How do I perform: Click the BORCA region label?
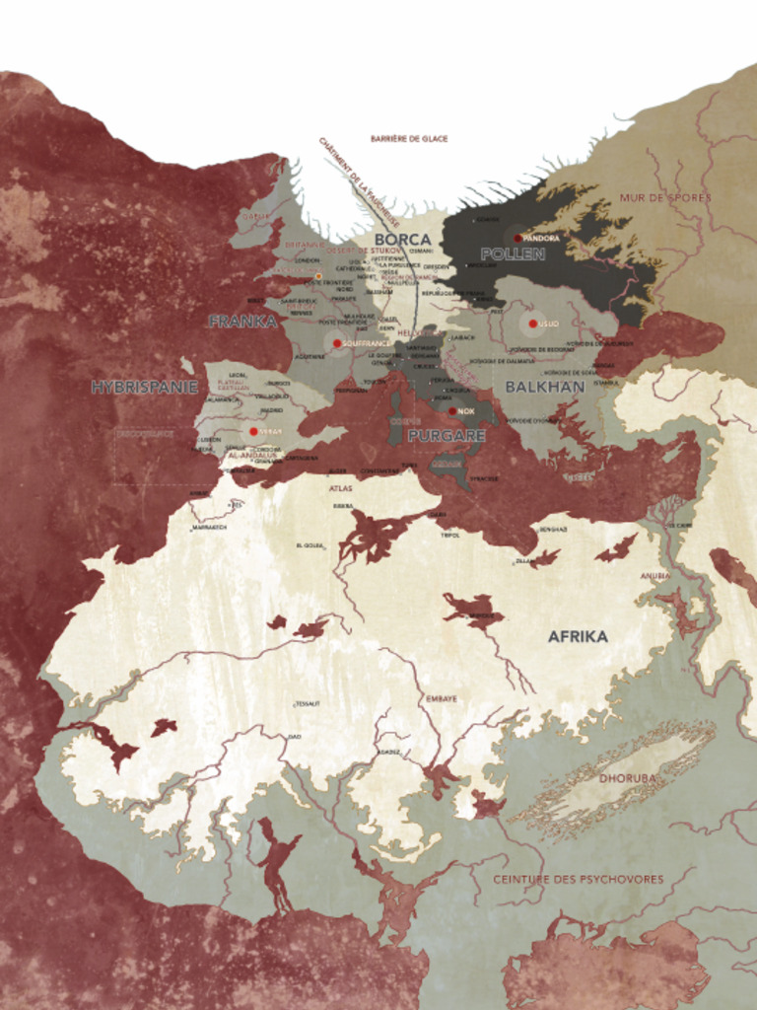point(402,240)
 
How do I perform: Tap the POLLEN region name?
point(513,254)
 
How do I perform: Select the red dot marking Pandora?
point(517,238)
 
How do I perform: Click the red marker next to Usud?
point(532,324)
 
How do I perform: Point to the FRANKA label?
point(241,321)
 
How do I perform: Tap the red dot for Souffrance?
point(337,343)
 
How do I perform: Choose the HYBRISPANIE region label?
point(145,387)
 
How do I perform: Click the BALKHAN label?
point(544,387)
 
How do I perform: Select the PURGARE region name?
point(447,435)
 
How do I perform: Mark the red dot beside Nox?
point(452,411)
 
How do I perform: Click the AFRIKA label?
point(578,636)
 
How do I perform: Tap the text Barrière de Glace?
point(409,139)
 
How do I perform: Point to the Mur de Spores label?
point(664,197)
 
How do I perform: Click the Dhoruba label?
point(627,777)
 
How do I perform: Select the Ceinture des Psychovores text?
point(578,879)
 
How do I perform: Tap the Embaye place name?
point(442,698)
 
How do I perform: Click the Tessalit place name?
point(308,703)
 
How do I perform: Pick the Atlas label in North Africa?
point(340,488)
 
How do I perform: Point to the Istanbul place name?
point(605,383)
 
